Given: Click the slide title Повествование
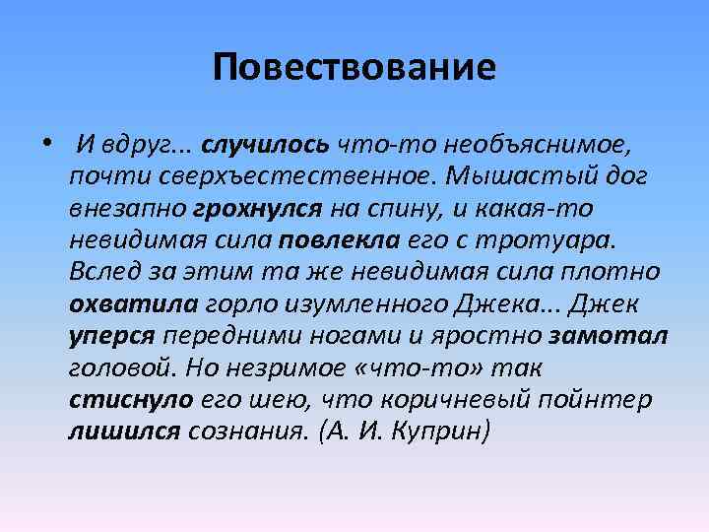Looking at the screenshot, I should pos(354,68).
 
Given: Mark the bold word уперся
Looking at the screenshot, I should pos(112,336).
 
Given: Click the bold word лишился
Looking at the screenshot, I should pos(123,432).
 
